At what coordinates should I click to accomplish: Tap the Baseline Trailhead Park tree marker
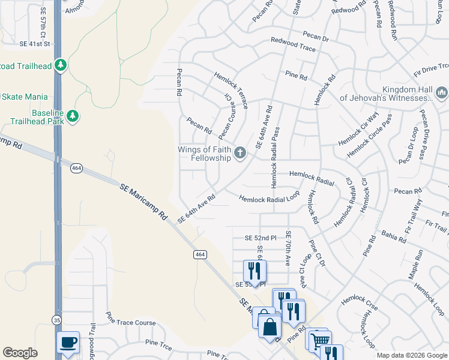tap(73, 115)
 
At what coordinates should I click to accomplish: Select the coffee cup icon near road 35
tap(68, 342)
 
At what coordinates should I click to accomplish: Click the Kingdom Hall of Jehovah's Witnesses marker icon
tap(442, 92)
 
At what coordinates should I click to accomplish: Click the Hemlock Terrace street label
tap(232, 90)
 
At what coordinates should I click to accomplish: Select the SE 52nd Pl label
tap(261, 238)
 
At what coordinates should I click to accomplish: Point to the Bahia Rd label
tap(393, 235)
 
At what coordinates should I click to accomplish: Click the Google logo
tap(20, 353)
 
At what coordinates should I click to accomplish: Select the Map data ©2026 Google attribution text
tap(411, 355)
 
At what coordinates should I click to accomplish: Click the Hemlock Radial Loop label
tap(269, 198)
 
